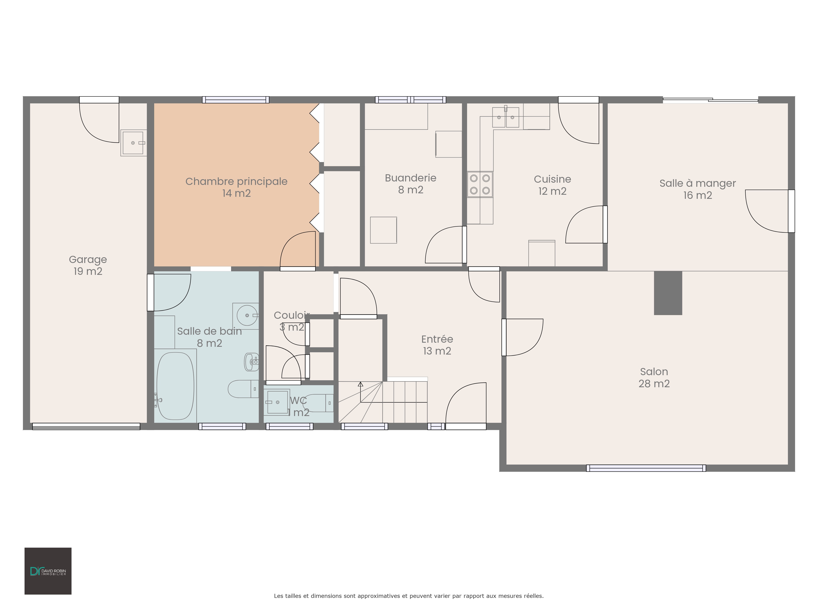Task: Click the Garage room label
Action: [x=88, y=265]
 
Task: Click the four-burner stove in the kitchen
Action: [x=480, y=184]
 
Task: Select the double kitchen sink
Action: [x=506, y=117]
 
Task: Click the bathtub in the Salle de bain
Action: [x=175, y=386]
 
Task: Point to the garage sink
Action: [x=133, y=143]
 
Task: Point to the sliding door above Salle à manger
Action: [x=710, y=99]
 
